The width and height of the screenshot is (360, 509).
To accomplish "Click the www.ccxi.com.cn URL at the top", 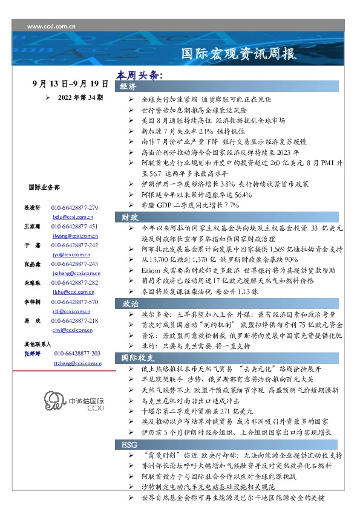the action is (48, 25).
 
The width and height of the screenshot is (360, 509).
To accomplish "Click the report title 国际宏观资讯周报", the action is (239, 53).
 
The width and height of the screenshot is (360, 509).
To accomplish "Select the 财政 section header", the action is (130, 217).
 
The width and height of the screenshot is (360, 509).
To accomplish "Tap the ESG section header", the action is (129, 444).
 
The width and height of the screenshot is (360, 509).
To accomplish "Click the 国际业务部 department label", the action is (44, 188).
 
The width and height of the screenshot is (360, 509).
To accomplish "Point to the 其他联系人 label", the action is (38, 343).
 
